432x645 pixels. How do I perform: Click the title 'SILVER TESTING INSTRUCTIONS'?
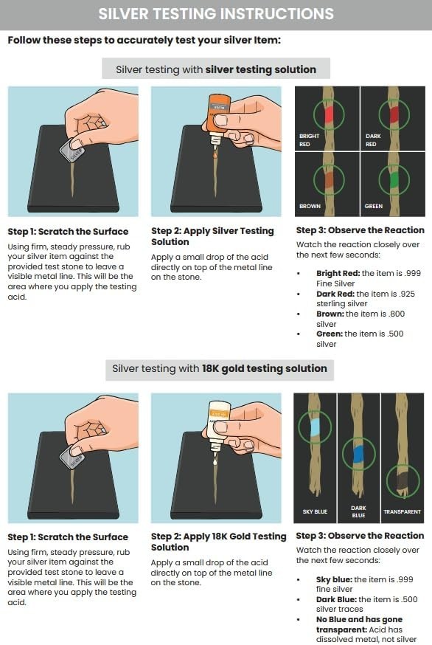click(216, 14)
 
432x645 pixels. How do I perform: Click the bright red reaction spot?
click(327, 113)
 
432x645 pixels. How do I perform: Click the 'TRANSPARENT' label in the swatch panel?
click(402, 511)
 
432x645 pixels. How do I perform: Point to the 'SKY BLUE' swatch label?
click(315, 511)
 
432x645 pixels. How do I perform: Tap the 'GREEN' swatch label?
click(374, 207)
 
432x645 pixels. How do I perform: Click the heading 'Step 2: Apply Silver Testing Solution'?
click(212, 236)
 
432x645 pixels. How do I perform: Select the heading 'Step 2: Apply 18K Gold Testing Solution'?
click(218, 542)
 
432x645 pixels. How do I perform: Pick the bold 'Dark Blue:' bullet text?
click(334, 599)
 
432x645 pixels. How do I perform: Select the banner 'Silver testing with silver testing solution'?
click(216, 69)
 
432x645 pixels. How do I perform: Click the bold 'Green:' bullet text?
click(330, 334)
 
